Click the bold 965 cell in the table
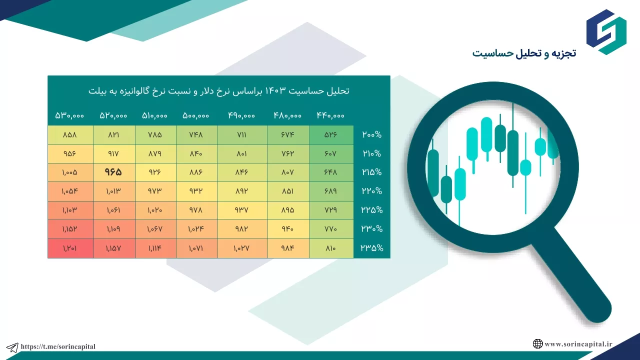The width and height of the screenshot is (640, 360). [113, 172]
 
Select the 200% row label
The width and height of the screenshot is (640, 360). [371, 134]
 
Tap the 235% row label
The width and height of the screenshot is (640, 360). [371, 248]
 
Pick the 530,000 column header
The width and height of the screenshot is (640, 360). [69, 115]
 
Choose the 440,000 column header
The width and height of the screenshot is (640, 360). [330, 115]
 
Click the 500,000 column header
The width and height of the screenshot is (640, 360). [195, 115]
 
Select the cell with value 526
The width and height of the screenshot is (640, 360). [331, 135]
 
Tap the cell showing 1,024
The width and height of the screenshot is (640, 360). [197, 229]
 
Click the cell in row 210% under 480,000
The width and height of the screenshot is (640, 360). [288, 153]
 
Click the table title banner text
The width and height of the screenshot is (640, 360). [219, 91]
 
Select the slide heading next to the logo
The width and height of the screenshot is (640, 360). [524, 53]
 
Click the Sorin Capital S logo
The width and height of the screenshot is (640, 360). [606, 32]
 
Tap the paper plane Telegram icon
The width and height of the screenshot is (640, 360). [12, 347]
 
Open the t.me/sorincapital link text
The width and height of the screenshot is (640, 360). [58, 346]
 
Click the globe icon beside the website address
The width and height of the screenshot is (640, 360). [537, 343]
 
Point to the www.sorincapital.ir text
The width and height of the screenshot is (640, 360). [578, 344]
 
